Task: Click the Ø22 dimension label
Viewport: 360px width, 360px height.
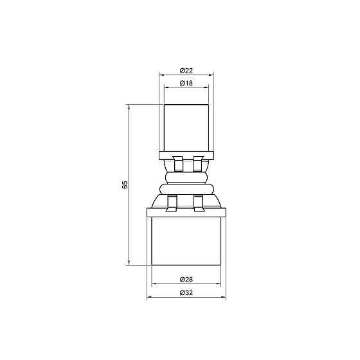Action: [x=186, y=70]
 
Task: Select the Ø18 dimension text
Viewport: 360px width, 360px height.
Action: [x=186, y=83]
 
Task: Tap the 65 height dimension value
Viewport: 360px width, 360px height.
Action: [x=126, y=184]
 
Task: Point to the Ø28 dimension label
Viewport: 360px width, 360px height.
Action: [x=186, y=279]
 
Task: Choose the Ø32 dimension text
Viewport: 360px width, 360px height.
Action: [x=186, y=293]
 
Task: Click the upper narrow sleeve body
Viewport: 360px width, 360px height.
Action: [x=186, y=126]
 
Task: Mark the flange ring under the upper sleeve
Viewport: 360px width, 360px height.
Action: [x=186, y=154]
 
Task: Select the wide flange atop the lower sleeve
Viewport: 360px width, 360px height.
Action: [x=186, y=212]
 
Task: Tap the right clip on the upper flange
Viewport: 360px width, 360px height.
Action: [x=197, y=163]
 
